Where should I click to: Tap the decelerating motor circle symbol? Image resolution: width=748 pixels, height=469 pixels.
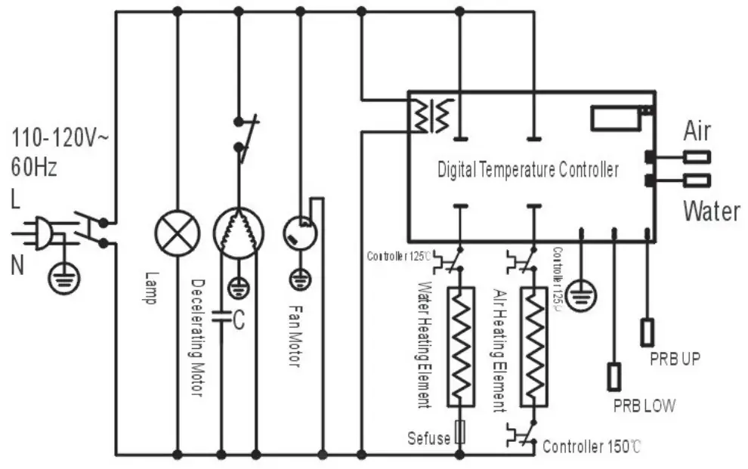click(238, 233)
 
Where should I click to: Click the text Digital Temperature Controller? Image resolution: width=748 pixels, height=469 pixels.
click(528, 170)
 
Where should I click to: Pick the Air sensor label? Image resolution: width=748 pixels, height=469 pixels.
click(697, 131)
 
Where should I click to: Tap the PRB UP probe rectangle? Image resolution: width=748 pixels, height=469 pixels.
click(648, 332)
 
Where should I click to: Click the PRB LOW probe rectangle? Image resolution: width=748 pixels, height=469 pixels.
click(614, 376)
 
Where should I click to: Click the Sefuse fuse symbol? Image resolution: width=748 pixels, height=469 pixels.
click(459, 434)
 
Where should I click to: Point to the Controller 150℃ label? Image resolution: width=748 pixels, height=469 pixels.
click(592, 446)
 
